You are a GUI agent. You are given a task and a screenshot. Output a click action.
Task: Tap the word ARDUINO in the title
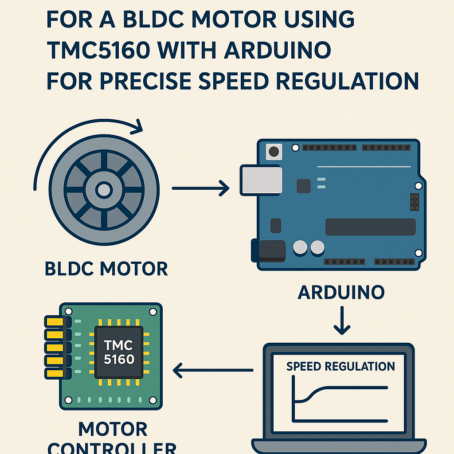(278, 51)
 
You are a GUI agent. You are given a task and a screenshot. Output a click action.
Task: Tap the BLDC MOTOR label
(106, 269)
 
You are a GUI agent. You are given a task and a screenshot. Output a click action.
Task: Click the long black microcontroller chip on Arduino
(370, 227)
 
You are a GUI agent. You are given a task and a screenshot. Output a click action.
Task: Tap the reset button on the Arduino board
(274, 152)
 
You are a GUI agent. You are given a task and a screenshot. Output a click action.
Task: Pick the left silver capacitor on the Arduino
(300, 247)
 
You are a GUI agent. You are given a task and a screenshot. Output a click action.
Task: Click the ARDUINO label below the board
(341, 293)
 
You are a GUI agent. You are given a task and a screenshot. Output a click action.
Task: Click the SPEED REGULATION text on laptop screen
(340, 366)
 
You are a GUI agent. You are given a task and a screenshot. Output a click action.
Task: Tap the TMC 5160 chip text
(118, 352)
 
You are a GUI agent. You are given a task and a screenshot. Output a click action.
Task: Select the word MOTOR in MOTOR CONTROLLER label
(113, 429)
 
